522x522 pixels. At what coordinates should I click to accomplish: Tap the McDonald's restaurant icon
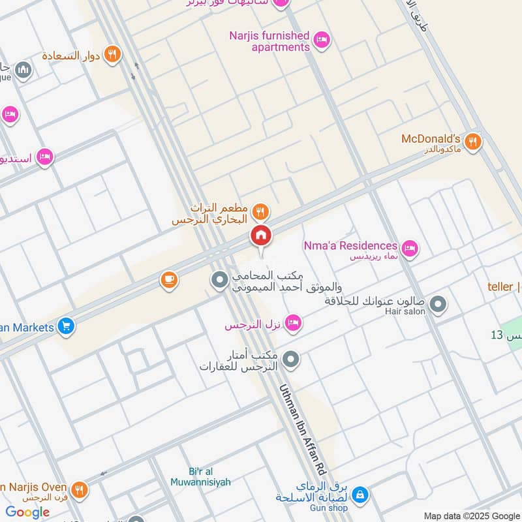pyautogui.click(x=473, y=141)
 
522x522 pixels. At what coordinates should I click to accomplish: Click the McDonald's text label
pyautogui.click(x=431, y=139)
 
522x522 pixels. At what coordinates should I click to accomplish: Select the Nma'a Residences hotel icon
pyautogui.click(x=410, y=248)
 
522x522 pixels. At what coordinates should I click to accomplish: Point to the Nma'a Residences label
pyautogui.click(x=350, y=246)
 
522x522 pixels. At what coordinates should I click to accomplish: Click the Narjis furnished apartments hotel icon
pyautogui.click(x=321, y=41)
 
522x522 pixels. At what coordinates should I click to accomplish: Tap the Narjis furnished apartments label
pyautogui.click(x=269, y=41)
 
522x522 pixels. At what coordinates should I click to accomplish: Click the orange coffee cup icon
pyautogui.click(x=169, y=281)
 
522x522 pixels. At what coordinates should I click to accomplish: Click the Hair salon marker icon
pyautogui.click(x=438, y=304)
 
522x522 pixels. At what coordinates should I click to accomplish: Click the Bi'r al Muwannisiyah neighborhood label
pyautogui.click(x=200, y=477)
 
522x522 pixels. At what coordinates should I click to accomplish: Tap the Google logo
pyautogui.click(x=27, y=512)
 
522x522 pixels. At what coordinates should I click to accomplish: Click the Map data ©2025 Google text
pyautogui.click(x=470, y=515)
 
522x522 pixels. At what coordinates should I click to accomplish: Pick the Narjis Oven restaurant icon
pyautogui.click(x=80, y=489)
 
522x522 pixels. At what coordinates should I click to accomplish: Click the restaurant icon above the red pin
pyautogui.click(x=260, y=211)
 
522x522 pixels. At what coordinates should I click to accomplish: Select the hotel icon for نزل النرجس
pyautogui.click(x=293, y=322)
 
